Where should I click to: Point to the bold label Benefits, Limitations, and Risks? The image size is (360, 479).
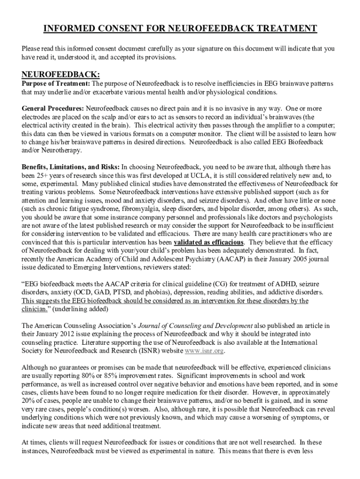[71, 167]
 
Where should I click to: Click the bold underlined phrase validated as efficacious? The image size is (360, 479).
[209, 242]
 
